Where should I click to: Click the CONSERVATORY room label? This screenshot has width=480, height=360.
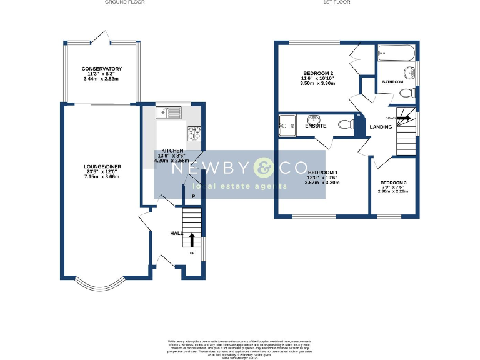(x=101, y=69)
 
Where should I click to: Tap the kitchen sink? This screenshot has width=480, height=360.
(x=169, y=112)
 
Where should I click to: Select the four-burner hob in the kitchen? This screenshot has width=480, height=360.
(x=194, y=132)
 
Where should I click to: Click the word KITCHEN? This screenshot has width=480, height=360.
(x=172, y=151)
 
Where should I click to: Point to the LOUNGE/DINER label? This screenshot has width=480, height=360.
(x=102, y=166)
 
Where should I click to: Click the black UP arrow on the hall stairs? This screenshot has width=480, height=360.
(x=192, y=240)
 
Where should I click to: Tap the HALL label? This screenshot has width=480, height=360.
(x=176, y=233)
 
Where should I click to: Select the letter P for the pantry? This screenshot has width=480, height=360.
(x=194, y=197)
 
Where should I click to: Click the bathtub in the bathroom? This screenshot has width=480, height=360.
(x=396, y=52)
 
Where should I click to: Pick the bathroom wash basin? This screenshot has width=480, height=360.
(x=409, y=71)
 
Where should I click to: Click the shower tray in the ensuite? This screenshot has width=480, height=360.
(x=287, y=125)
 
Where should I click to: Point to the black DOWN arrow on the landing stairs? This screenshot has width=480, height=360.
(x=404, y=117)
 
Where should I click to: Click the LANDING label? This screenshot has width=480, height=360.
(x=381, y=127)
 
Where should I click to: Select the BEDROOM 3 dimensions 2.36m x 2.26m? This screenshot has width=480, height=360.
(x=392, y=192)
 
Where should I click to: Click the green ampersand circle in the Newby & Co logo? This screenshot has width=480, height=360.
(x=263, y=168)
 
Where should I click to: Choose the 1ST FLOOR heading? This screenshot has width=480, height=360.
(x=336, y=2)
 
